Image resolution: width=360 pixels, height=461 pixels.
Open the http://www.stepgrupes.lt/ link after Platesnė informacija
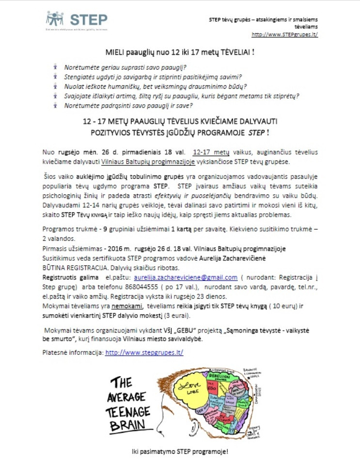coord(144,353)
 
